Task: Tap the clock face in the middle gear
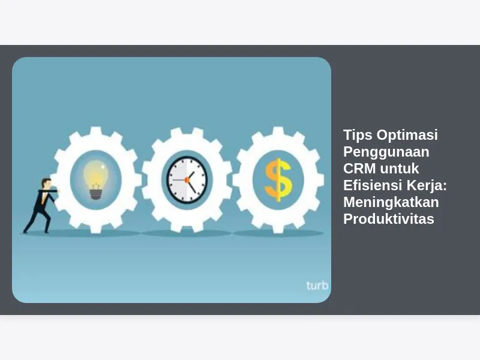point(187,180)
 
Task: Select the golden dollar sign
point(278,180)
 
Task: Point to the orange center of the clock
point(187,180)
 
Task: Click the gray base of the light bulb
point(95,194)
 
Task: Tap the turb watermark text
point(317,286)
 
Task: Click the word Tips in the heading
point(358,135)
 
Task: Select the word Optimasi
point(407,135)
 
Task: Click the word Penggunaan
point(386,152)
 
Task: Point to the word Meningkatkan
point(391,203)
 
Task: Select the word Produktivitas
point(389,219)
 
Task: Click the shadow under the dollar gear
point(278,233)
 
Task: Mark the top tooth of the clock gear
point(187,131)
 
